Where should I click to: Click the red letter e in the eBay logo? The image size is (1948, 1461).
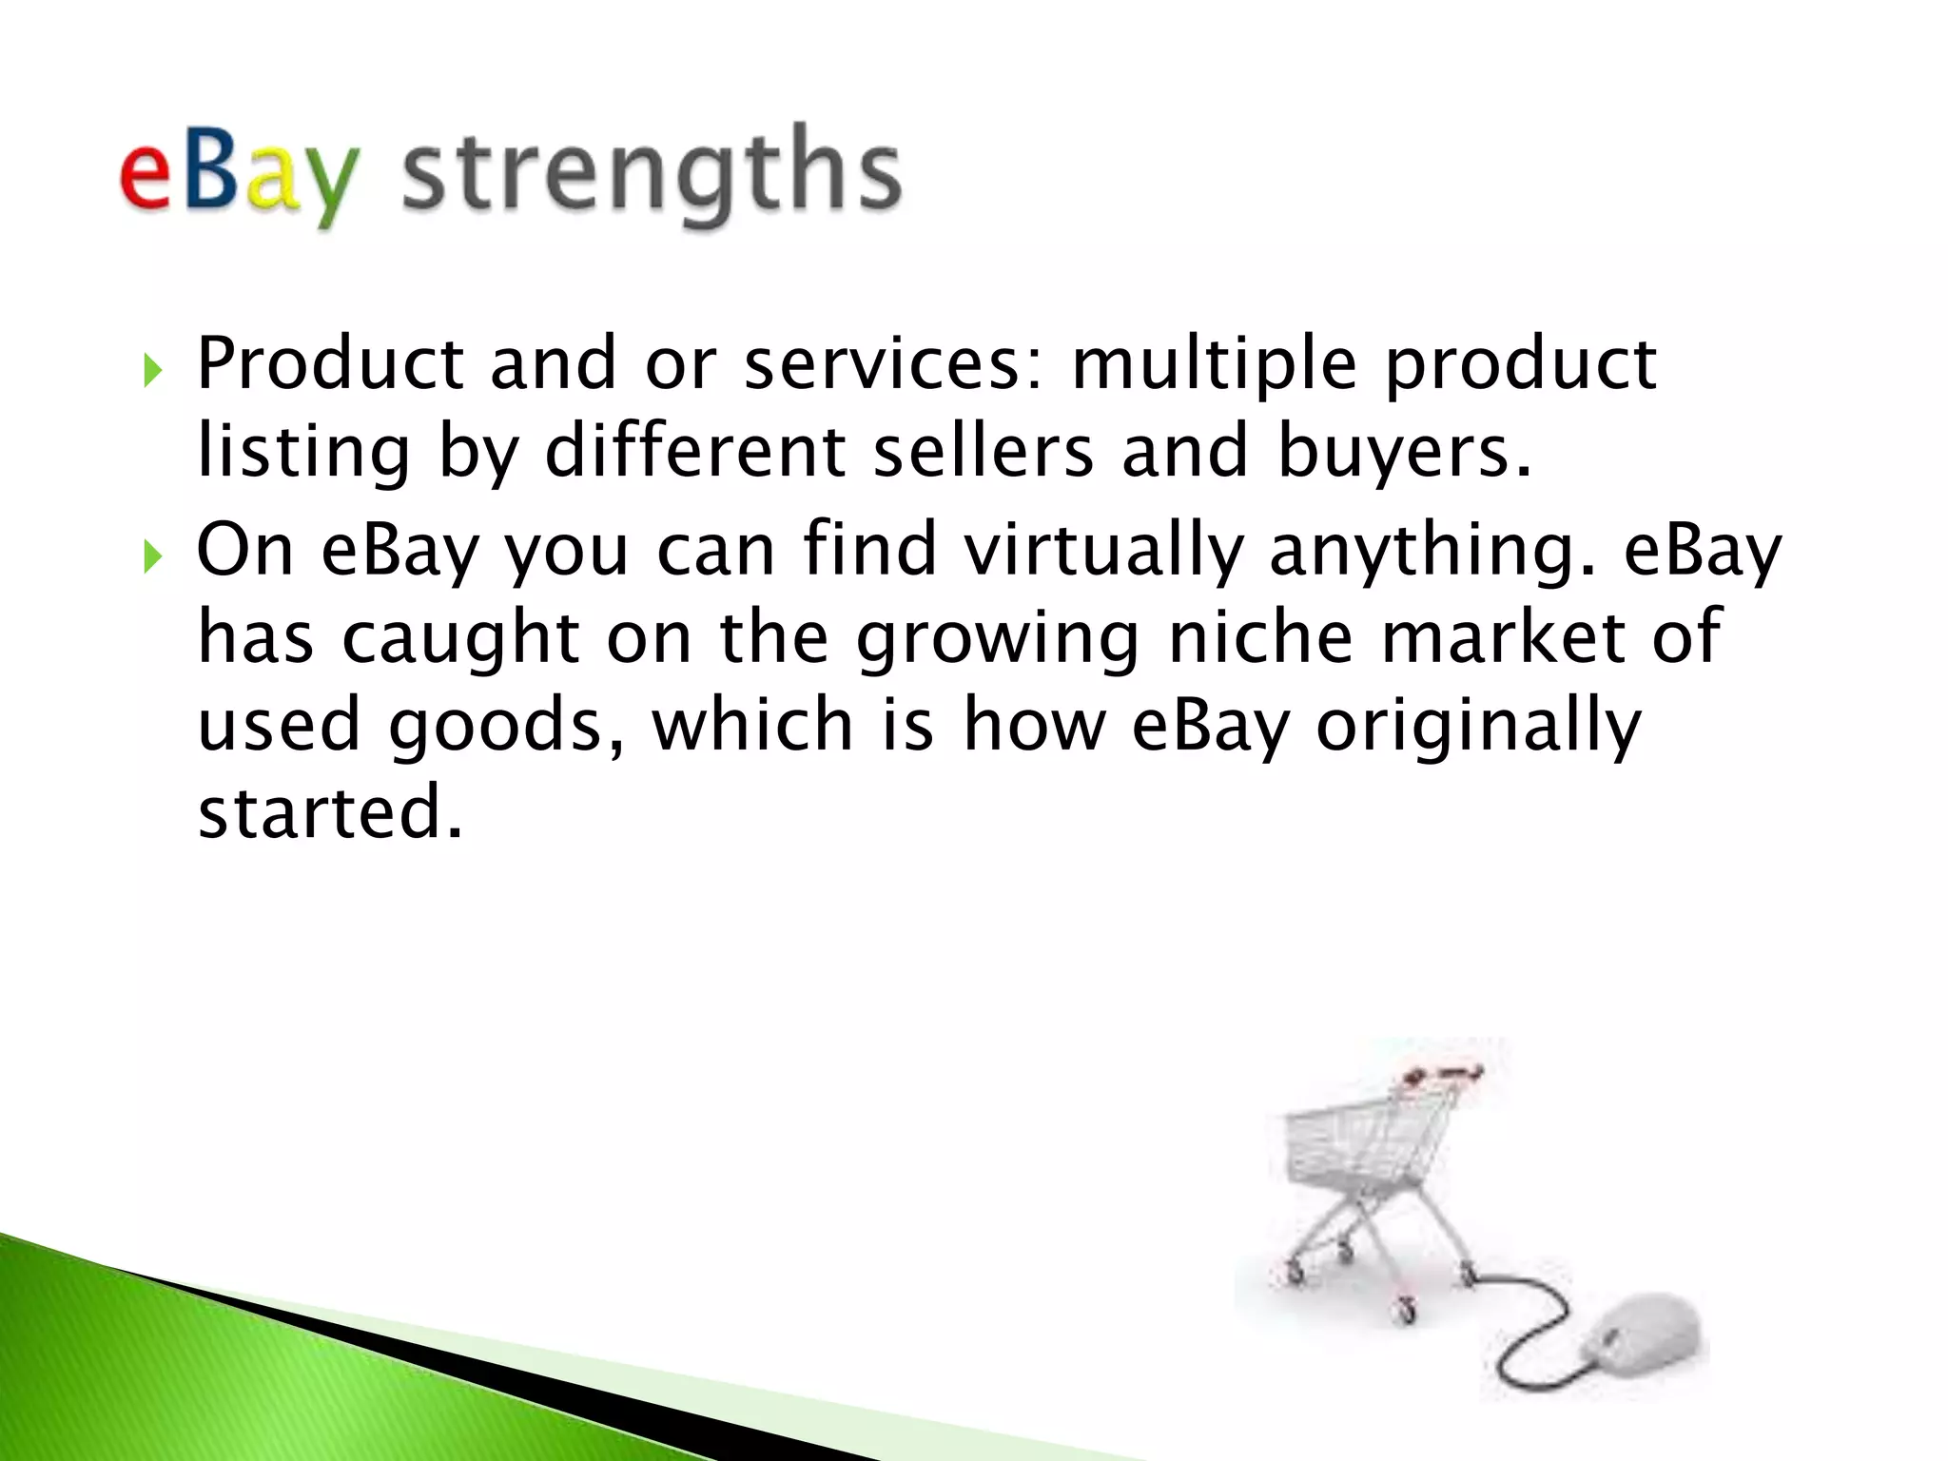[146, 176]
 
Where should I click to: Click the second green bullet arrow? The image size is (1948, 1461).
[152, 555]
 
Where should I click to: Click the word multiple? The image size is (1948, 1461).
[1214, 365]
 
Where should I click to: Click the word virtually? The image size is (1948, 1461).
[1103, 550]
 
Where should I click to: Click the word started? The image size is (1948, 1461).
[329, 812]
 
